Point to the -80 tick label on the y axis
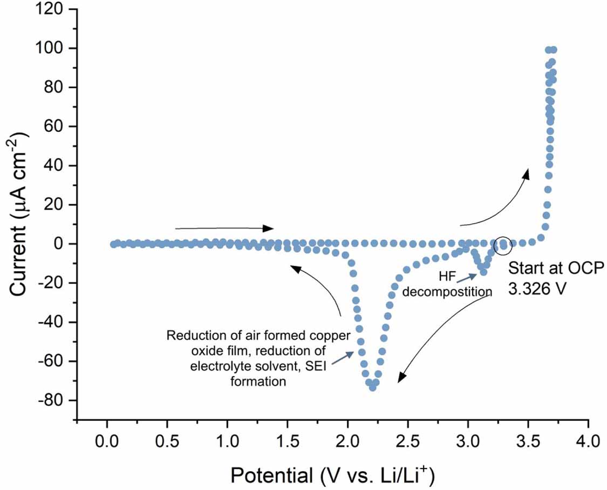[53, 400]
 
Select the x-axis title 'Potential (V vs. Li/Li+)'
[333, 476]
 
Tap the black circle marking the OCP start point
[503, 245]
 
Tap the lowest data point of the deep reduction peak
[372, 387]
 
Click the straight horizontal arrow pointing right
[224, 228]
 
